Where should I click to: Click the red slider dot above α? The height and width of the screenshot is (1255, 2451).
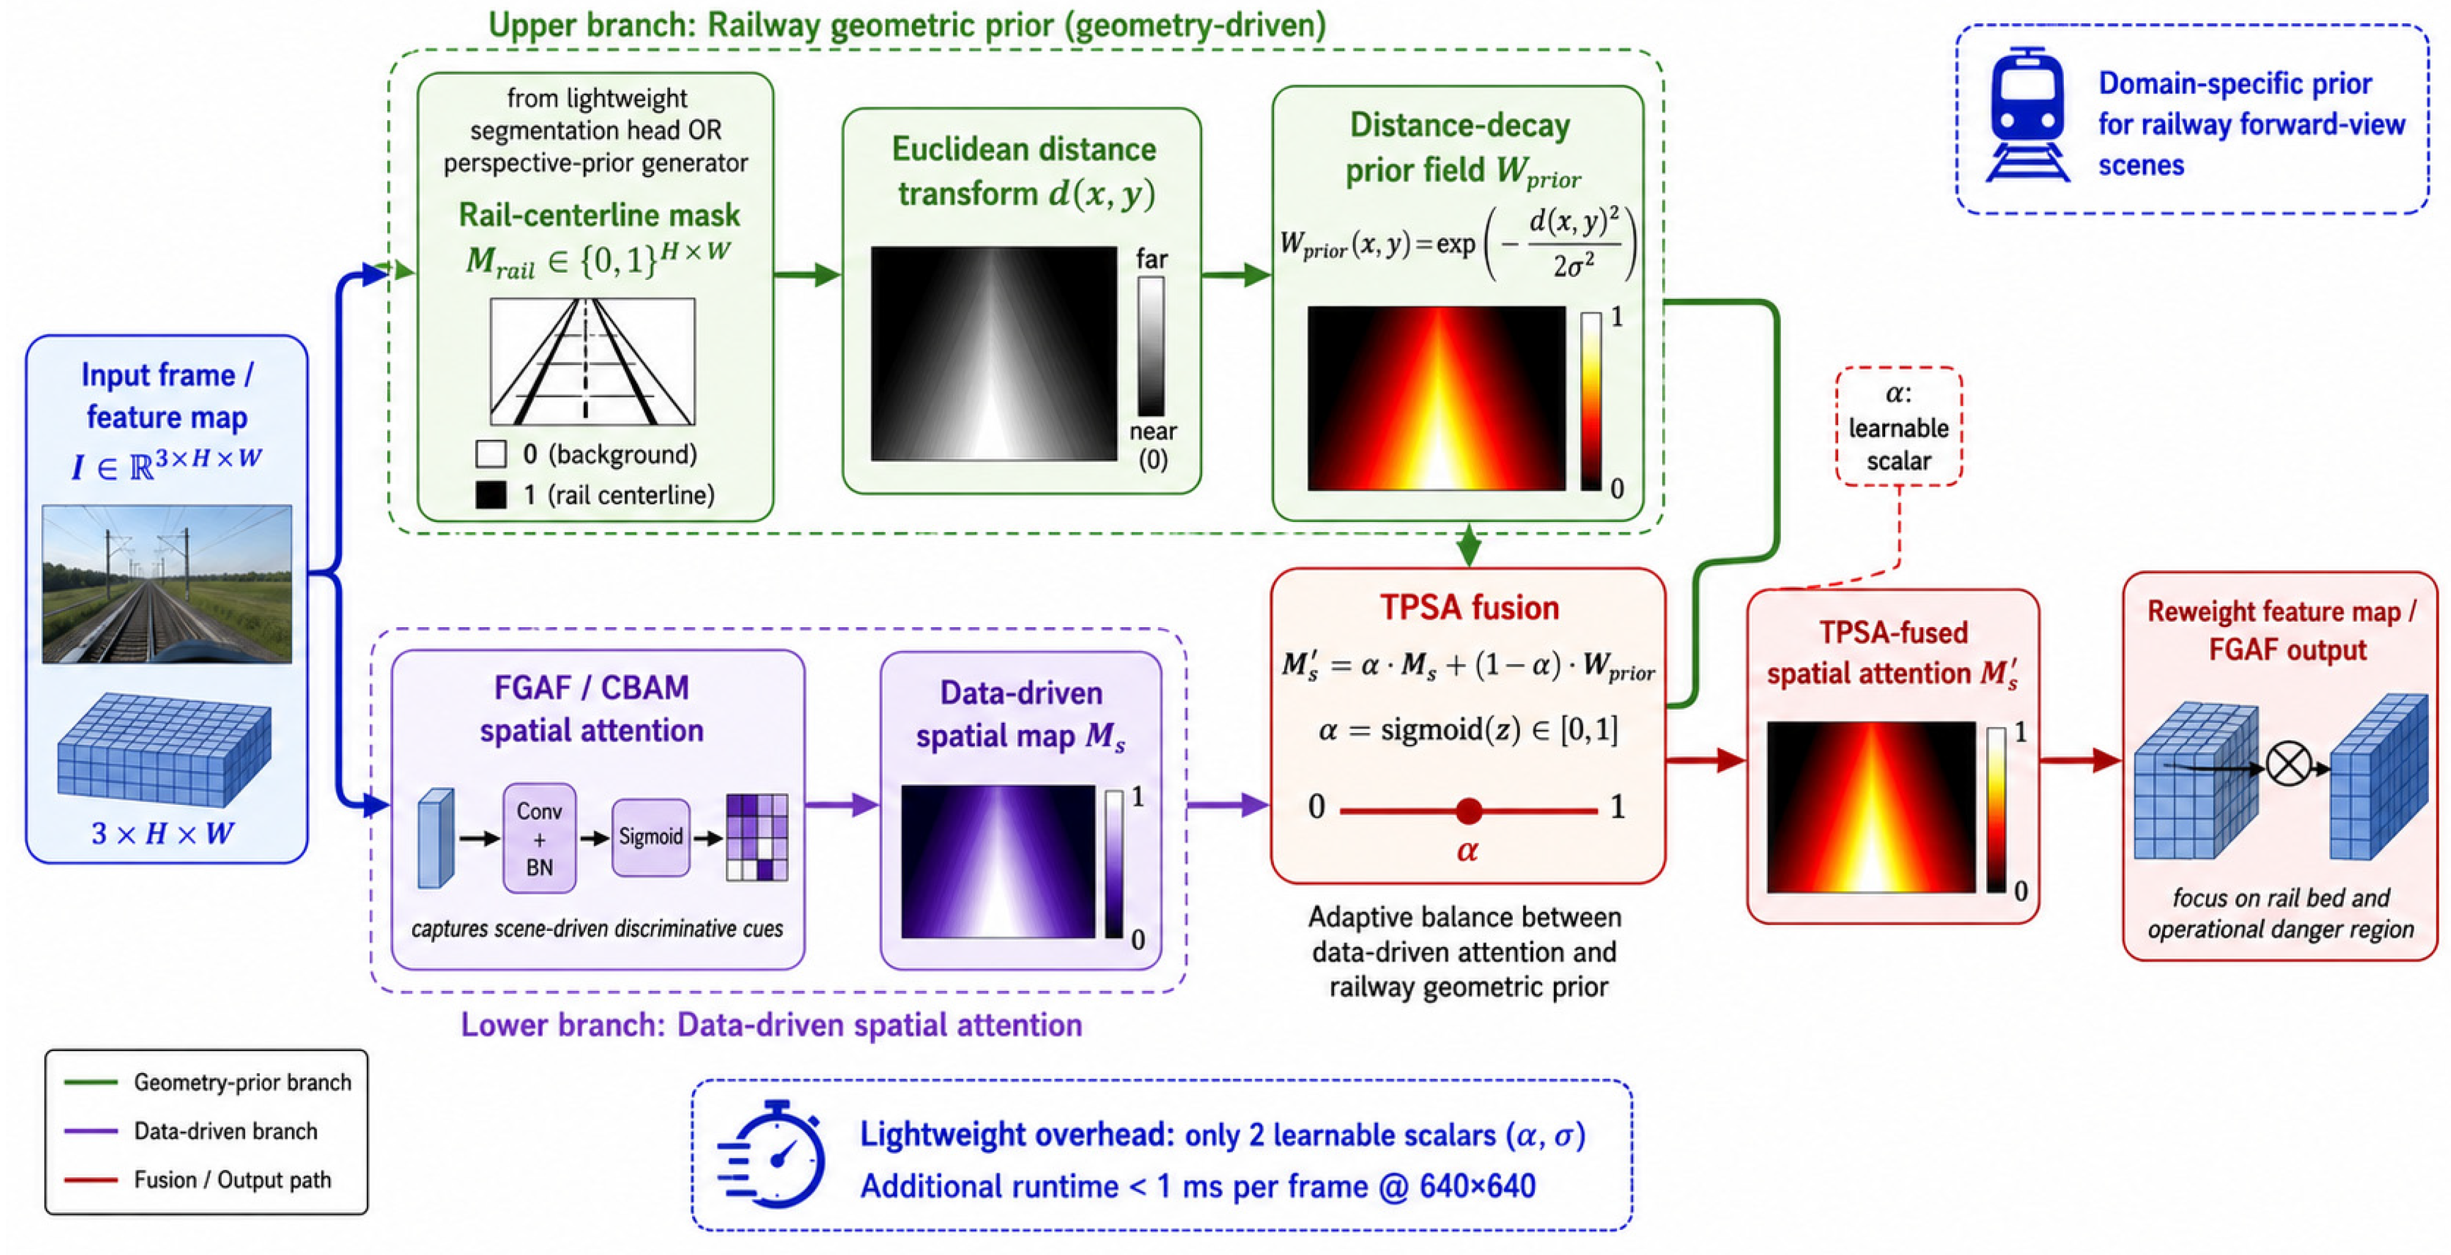click(x=1469, y=811)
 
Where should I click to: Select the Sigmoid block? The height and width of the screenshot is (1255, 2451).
click(x=651, y=837)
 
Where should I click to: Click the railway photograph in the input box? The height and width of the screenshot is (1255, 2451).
click(x=167, y=583)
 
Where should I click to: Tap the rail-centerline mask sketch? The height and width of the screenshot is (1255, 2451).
click(x=593, y=361)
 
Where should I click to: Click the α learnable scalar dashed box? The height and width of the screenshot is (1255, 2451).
click(x=1898, y=426)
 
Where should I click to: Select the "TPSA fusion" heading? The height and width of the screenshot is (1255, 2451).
click(x=1469, y=607)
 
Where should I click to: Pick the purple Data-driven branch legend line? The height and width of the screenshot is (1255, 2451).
click(x=91, y=1131)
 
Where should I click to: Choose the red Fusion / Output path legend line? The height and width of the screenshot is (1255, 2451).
click(x=91, y=1180)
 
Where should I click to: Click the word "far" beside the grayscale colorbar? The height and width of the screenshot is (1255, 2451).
click(x=1151, y=259)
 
